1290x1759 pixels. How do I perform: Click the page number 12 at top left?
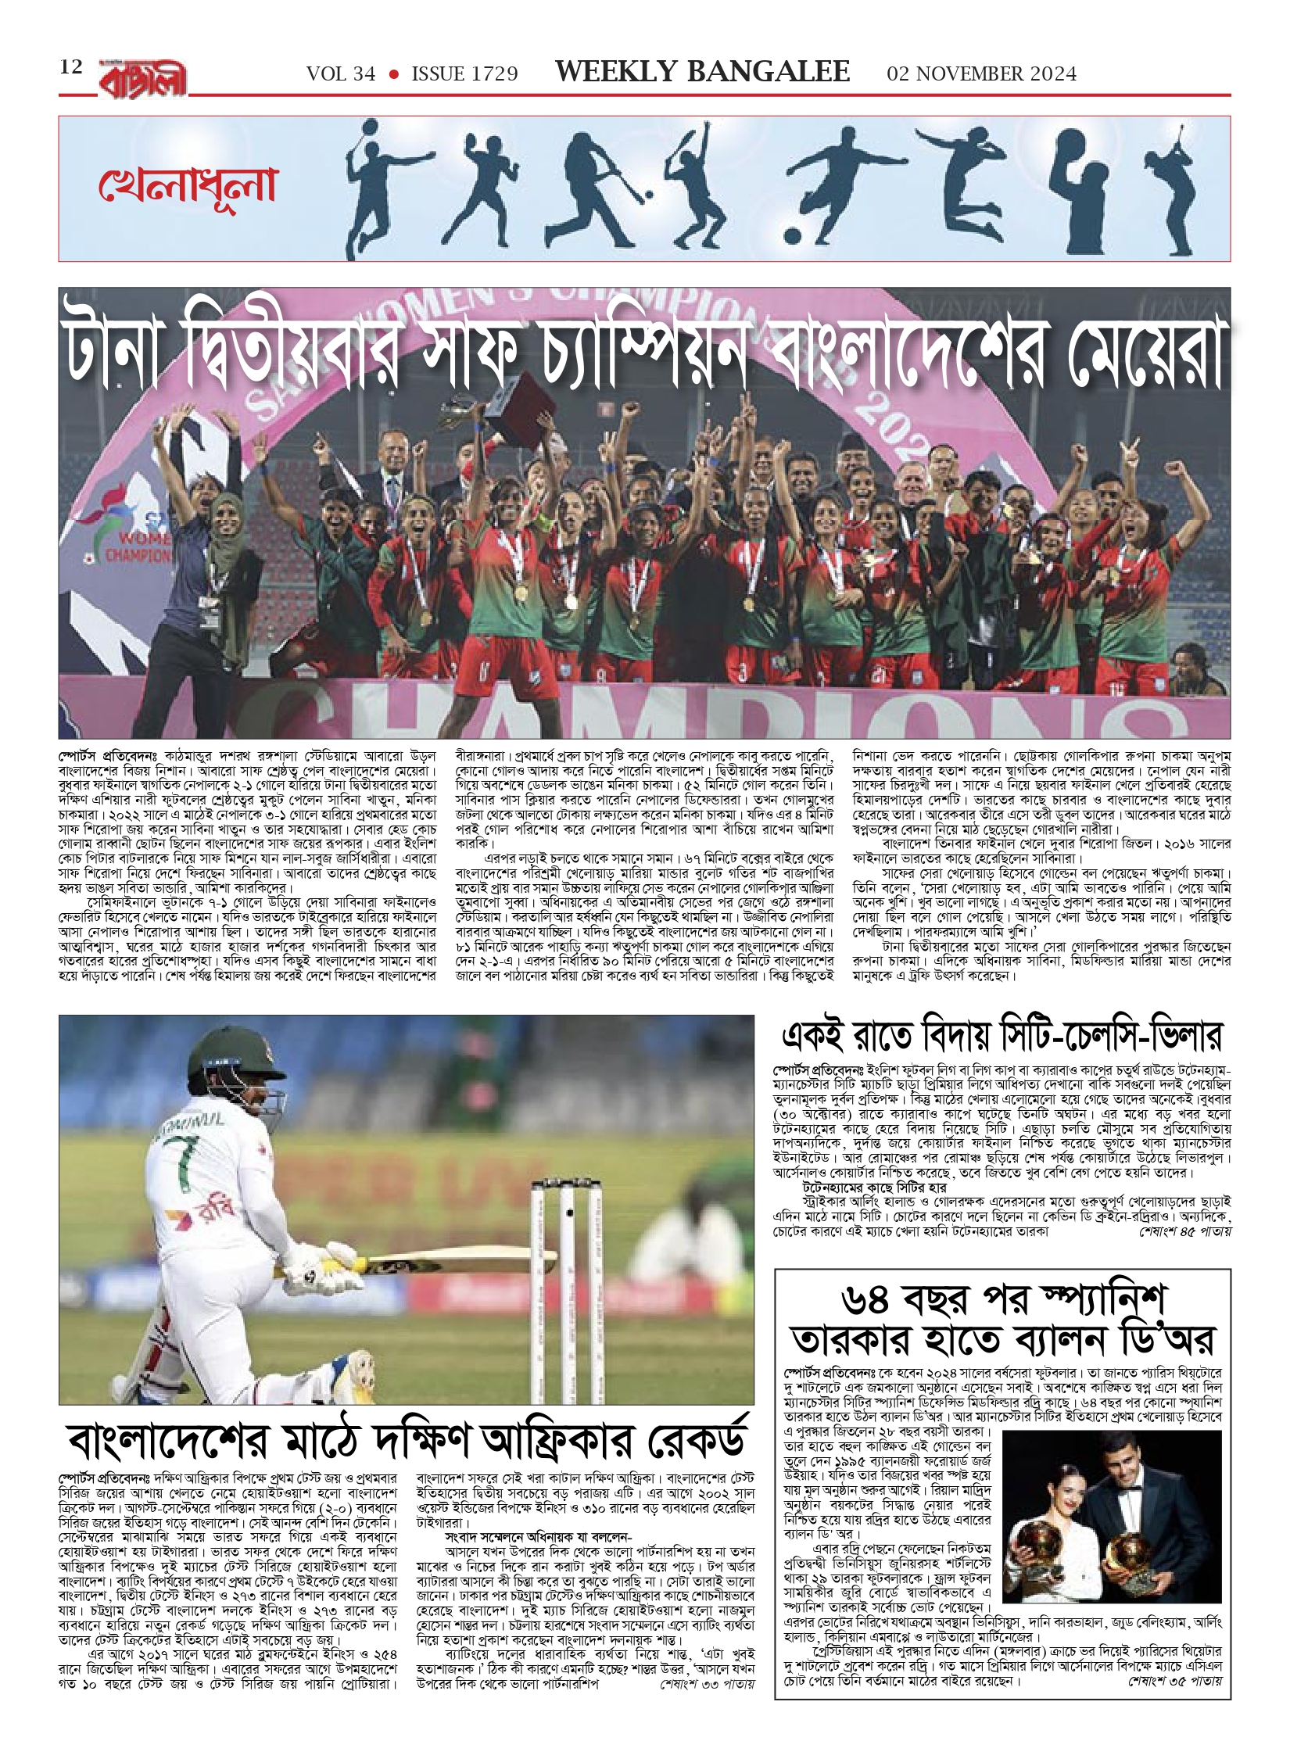[70, 67]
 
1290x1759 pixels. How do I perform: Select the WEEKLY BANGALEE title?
[701, 72]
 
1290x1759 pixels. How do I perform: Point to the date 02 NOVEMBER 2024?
[981, 73]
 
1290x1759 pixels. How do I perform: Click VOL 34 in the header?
[341, 73]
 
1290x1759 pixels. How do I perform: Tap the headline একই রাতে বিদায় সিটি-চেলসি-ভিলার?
[1002, 1037]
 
